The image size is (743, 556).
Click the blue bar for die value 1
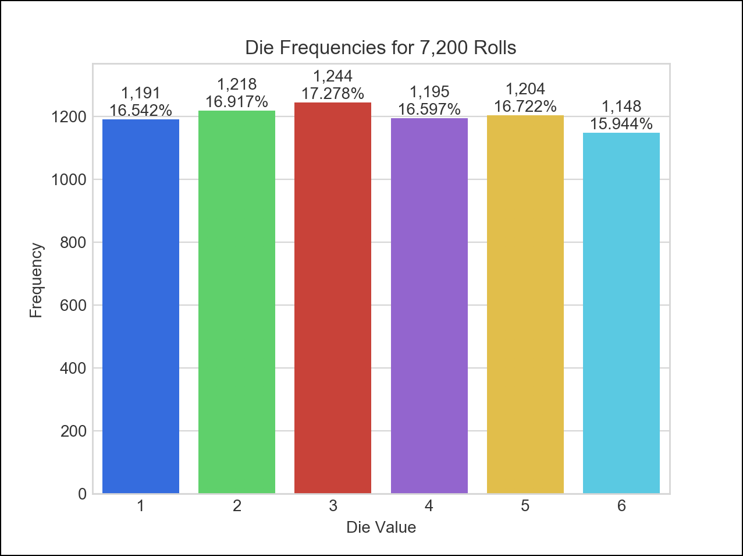pos(141,307)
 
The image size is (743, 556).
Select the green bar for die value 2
pos(237,302)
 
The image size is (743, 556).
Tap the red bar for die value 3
pos(333,298)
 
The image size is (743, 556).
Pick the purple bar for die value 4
pos(429,303)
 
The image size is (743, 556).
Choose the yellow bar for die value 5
pos(525,304)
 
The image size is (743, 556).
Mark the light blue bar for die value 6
pos(621,313)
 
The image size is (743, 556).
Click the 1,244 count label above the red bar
pos(333,76)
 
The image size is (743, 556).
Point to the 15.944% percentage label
pos(621,124)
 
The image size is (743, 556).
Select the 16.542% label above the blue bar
pos(141,111)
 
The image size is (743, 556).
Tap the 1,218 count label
pos(237,85)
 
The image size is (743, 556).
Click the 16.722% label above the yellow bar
pos(525,107)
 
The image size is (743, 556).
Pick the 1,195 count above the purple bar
pos(429,92)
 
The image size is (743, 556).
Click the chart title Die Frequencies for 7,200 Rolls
pos(381,47)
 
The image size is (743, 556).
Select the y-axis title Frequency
pos(36,281)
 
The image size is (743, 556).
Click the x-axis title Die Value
pos(381,527)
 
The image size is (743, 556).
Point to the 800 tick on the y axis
pos(73,242)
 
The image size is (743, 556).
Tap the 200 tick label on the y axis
pos(73,431)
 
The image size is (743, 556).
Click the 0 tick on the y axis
pos(81,494)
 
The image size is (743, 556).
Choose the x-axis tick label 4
pos(429,507)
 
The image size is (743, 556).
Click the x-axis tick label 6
pos(621,507)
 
